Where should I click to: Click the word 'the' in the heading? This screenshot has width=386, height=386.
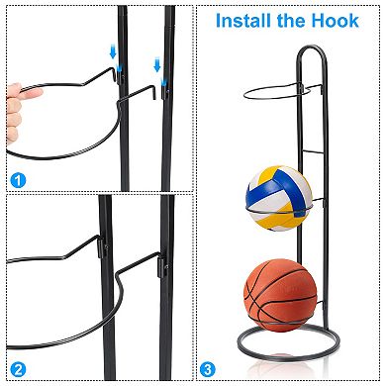point(301,19)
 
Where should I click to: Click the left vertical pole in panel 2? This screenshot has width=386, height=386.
point(106,297)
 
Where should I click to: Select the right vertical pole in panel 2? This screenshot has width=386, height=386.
point(166,297)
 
